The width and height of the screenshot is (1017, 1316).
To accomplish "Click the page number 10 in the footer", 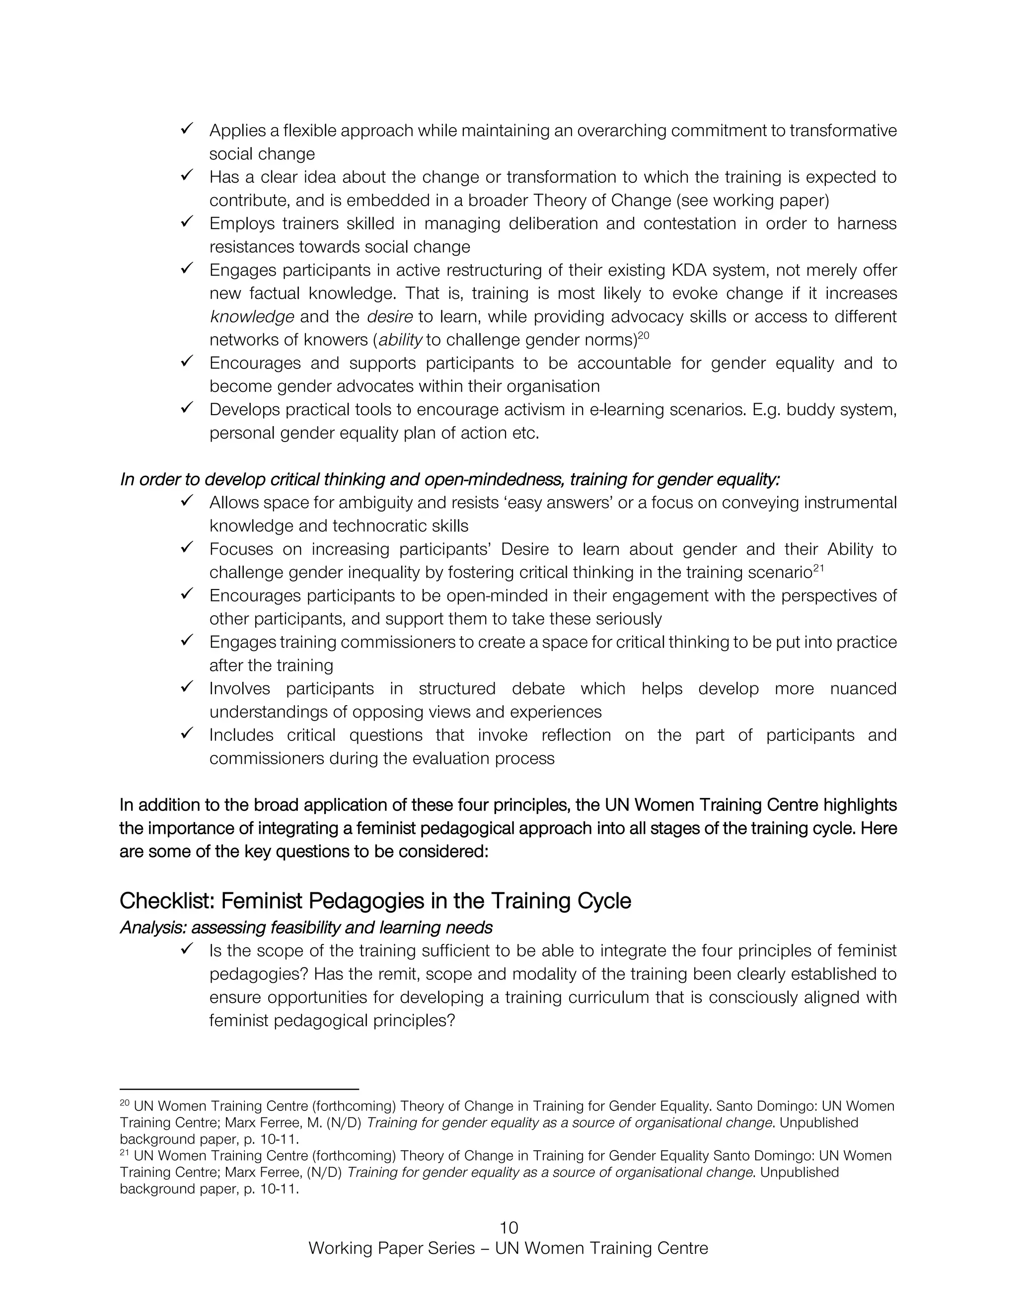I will (508, 1228).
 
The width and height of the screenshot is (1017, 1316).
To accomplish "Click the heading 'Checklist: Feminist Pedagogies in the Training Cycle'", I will (375, 901).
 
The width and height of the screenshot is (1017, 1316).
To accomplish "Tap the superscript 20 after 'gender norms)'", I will (644, 336).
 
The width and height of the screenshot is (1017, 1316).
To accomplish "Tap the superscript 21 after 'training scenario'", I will (818, 568).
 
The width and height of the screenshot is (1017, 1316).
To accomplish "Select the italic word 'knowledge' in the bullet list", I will (252, 317).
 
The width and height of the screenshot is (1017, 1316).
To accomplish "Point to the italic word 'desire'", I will (390, 317).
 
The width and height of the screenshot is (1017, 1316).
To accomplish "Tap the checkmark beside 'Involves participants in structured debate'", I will (186, 686).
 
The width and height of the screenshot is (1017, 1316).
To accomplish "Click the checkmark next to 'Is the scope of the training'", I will (186, 949).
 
